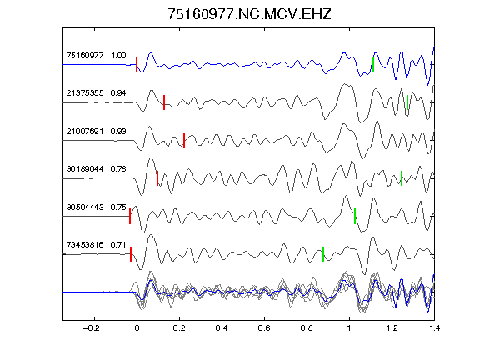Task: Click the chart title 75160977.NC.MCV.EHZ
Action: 249,14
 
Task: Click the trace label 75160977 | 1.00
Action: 96,55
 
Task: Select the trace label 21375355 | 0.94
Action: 96,93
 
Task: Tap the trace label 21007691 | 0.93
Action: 96,132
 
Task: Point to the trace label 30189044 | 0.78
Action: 96,169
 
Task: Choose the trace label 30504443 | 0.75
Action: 96,207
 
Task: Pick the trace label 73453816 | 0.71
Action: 96,245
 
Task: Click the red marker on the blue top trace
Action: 137,65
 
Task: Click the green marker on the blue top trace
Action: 373,65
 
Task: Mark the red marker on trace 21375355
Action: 164,102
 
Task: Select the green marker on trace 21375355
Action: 407,102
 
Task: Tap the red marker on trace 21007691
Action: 184,140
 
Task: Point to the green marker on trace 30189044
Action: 402,178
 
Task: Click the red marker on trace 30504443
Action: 130,216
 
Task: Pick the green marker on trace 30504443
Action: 355,216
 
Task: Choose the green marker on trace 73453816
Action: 323,254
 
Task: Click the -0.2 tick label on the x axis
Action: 92,328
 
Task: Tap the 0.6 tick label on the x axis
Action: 264,328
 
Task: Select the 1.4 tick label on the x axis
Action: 434,328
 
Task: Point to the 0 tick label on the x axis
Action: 137,328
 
